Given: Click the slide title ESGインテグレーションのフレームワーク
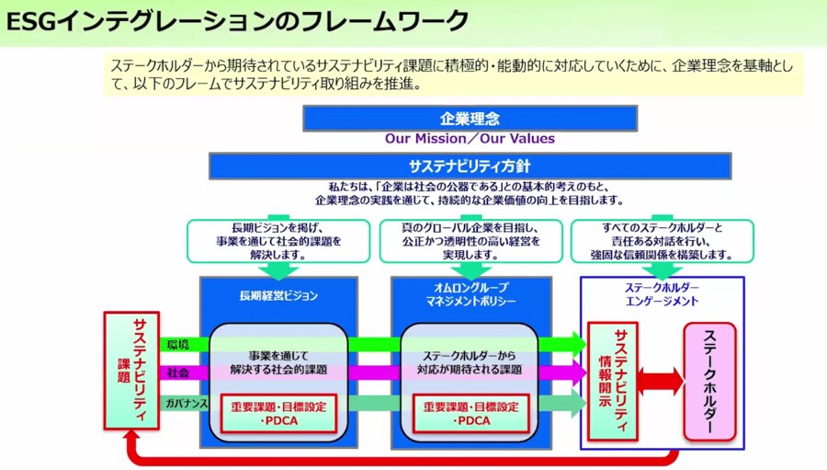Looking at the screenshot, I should pyautogui.click(x=237, y=20).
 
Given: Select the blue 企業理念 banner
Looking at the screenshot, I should pyautogui.click(x=470, y=118).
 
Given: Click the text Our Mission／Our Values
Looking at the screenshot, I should pyautogui.click(x=470, y=139).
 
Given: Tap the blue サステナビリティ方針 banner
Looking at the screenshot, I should pyautogui.click(x=470, y=166).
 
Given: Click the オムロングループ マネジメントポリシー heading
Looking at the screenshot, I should pyautogui.click(x=470, y=294).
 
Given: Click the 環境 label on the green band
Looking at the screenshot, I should pyautogui.click(x=179, y=345).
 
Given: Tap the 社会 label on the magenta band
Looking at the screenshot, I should pyautogui.click(x=178, y=373).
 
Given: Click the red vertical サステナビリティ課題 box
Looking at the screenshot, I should pyautogui.click(x=132, y=371).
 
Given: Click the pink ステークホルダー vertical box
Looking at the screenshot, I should pyautogui.click(x=709, y=380).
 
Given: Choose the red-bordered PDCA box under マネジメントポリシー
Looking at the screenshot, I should pyautogui.click(x=470, y=413).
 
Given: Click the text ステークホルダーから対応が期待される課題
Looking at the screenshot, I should pyautogui.click(x=470, y=362).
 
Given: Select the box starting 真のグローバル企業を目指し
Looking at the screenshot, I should pyautogui.click(x=470, y=240).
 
